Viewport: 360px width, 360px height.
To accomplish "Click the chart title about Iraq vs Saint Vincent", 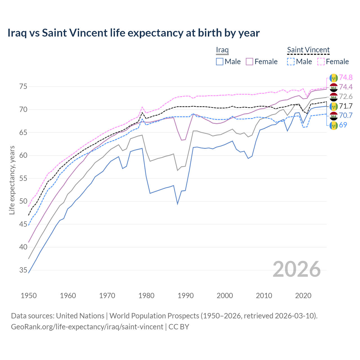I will [133, 33].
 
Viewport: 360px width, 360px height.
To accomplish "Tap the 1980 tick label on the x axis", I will [146, 296].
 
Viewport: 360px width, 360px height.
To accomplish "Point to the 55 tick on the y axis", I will [23, 178].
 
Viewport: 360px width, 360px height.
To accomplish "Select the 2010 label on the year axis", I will [264, 296].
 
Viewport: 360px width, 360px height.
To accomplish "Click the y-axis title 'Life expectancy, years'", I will [12, 180].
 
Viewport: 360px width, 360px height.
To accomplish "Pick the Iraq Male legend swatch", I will [220, 62].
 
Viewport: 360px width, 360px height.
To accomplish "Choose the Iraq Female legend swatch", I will [249, 62].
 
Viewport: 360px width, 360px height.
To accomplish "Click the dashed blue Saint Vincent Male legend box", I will [291, 62].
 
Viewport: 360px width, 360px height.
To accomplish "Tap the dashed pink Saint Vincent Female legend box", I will [321, 62].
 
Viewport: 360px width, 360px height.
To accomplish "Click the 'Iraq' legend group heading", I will [222, 50].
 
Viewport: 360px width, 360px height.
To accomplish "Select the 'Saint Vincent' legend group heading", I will [308, 50].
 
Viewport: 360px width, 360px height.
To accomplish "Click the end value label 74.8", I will [346, 78].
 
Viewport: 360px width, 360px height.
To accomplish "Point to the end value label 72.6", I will [346, 97].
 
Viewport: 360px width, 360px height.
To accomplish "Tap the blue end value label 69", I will [343, 125].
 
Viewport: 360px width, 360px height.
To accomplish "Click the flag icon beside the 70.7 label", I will [333, 116].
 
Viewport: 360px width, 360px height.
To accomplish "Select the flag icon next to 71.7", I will [333, 106].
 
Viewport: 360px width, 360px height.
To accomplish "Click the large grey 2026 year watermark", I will [296, 269].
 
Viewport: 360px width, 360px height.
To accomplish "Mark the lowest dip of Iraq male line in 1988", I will [177, 204].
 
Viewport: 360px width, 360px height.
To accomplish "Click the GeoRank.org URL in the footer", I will [87, 327].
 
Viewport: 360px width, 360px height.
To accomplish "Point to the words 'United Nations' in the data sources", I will [80, 316].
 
